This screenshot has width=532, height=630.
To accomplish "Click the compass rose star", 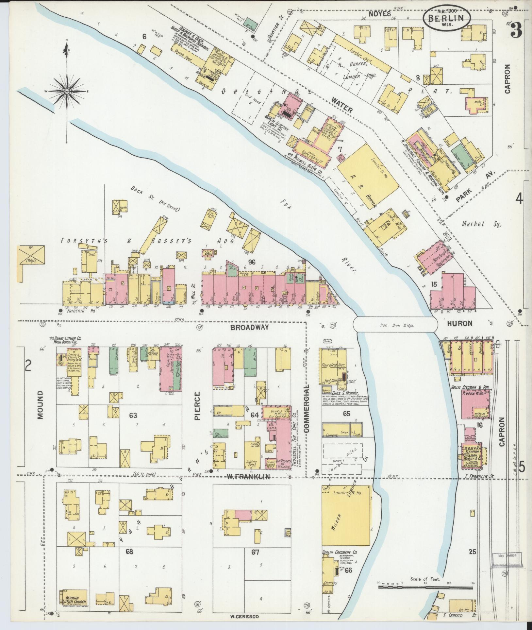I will coord(67,91).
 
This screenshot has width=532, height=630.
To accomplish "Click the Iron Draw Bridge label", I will coord(397,326).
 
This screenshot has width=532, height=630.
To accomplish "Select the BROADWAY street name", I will coord(256,327).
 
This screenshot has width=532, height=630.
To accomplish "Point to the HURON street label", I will coord(459,323).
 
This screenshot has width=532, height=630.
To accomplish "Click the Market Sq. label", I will coord(481,224).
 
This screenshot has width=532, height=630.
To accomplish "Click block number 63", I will coord(133,416).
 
